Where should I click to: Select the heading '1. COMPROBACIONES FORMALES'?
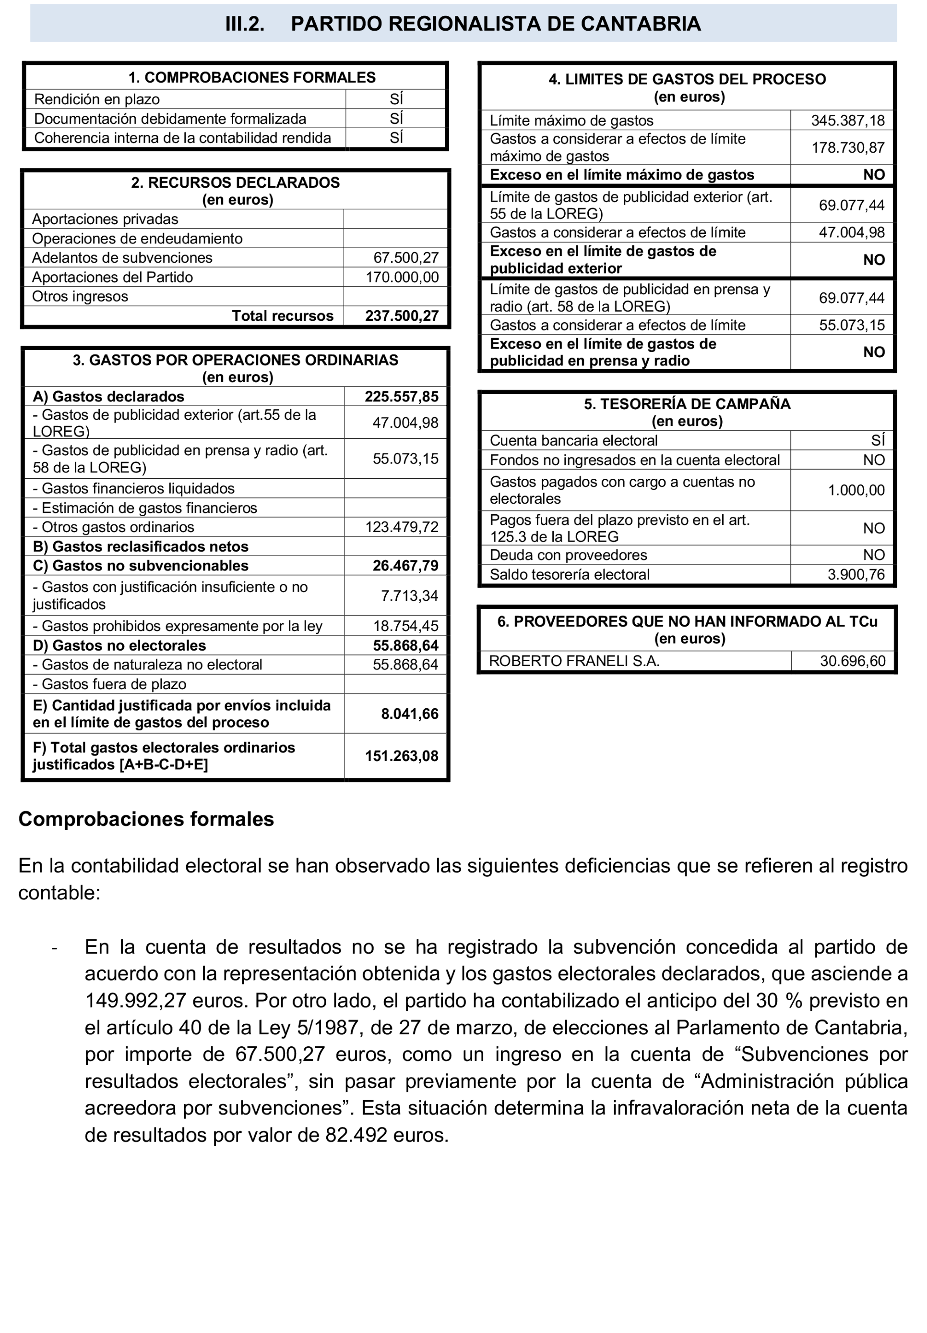coord(252,77)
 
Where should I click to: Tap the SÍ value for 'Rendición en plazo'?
coord(396,99)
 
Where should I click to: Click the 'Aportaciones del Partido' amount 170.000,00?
coord(402,277)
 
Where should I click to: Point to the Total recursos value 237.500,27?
coord(402,316)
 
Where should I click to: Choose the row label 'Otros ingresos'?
coord(80,297)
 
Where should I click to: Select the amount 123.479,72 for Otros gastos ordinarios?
coord(402,527)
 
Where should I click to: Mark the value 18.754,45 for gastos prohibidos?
coord(405,626)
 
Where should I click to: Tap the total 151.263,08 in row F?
coord(402,756)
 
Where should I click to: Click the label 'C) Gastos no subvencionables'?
coord(141,566)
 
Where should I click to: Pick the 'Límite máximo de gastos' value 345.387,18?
coord(847,121)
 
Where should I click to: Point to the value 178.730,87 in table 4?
coord(847,147)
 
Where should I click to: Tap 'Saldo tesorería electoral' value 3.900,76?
coord(856,575)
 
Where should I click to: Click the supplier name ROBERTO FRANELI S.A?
coord(574,661)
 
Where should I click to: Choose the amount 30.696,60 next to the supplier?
coord(852,661)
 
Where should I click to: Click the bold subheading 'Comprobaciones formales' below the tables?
coord(146,819)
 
